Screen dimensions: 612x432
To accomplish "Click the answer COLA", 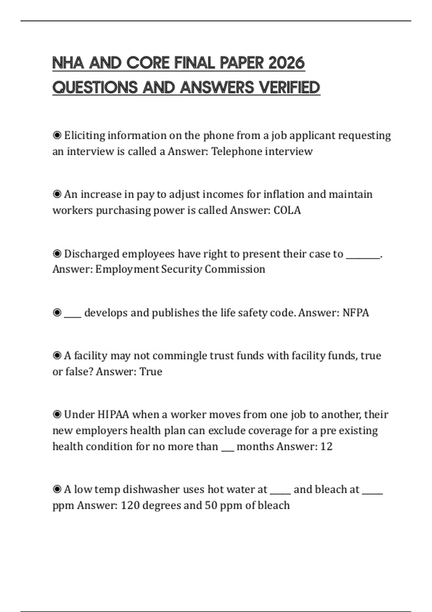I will click(287, 210).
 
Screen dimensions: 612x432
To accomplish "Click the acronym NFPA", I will click(356, 312).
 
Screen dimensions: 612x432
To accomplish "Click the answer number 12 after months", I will click(326, 447).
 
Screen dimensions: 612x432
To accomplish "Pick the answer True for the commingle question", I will click(151, 372).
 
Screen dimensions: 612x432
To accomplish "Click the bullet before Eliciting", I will click(57, 135).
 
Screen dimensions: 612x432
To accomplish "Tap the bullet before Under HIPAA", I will click(57, 415).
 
